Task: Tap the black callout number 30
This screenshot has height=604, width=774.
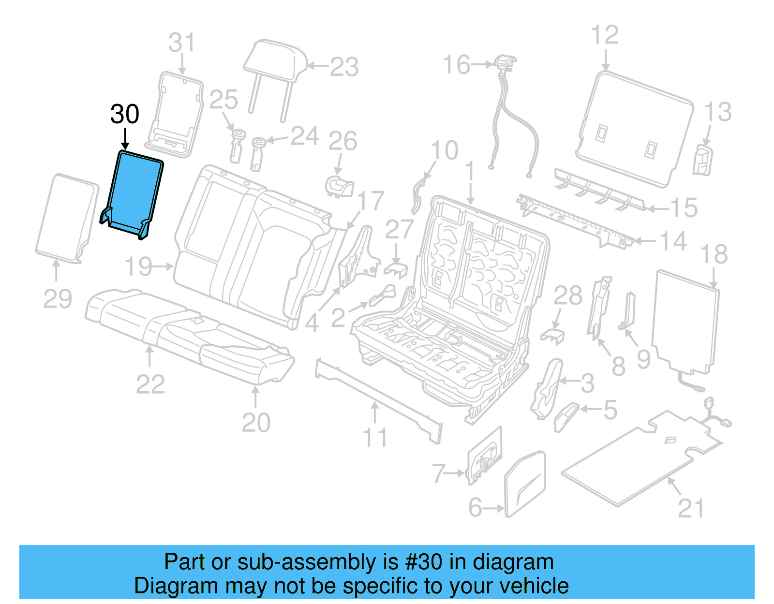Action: pos(125,115)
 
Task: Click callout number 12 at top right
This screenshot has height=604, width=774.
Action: pos(605,35)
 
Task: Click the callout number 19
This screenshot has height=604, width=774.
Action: pos(139,266)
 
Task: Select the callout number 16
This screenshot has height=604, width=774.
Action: pos(456,65)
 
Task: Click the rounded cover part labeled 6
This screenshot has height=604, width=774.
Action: pos(525,484)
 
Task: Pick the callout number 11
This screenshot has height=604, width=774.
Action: pos(375,438)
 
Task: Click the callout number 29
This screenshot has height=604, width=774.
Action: pos(58,298)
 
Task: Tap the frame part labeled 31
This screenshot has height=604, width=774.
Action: pos(177,114)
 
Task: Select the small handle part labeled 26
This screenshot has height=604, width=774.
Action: pos(340,186)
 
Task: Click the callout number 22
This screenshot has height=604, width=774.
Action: pos(150,384)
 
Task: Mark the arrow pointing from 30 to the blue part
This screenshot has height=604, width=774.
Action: pos(125,138)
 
